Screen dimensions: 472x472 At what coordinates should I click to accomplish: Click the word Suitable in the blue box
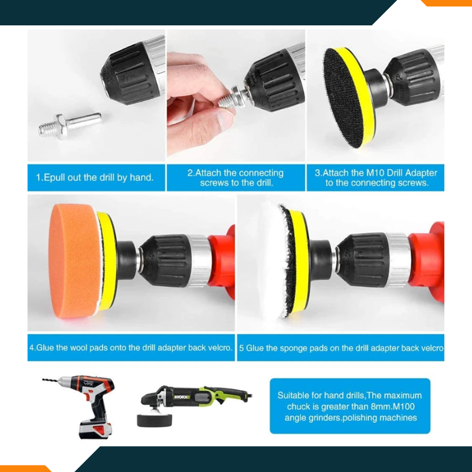(x=294, y=395)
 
